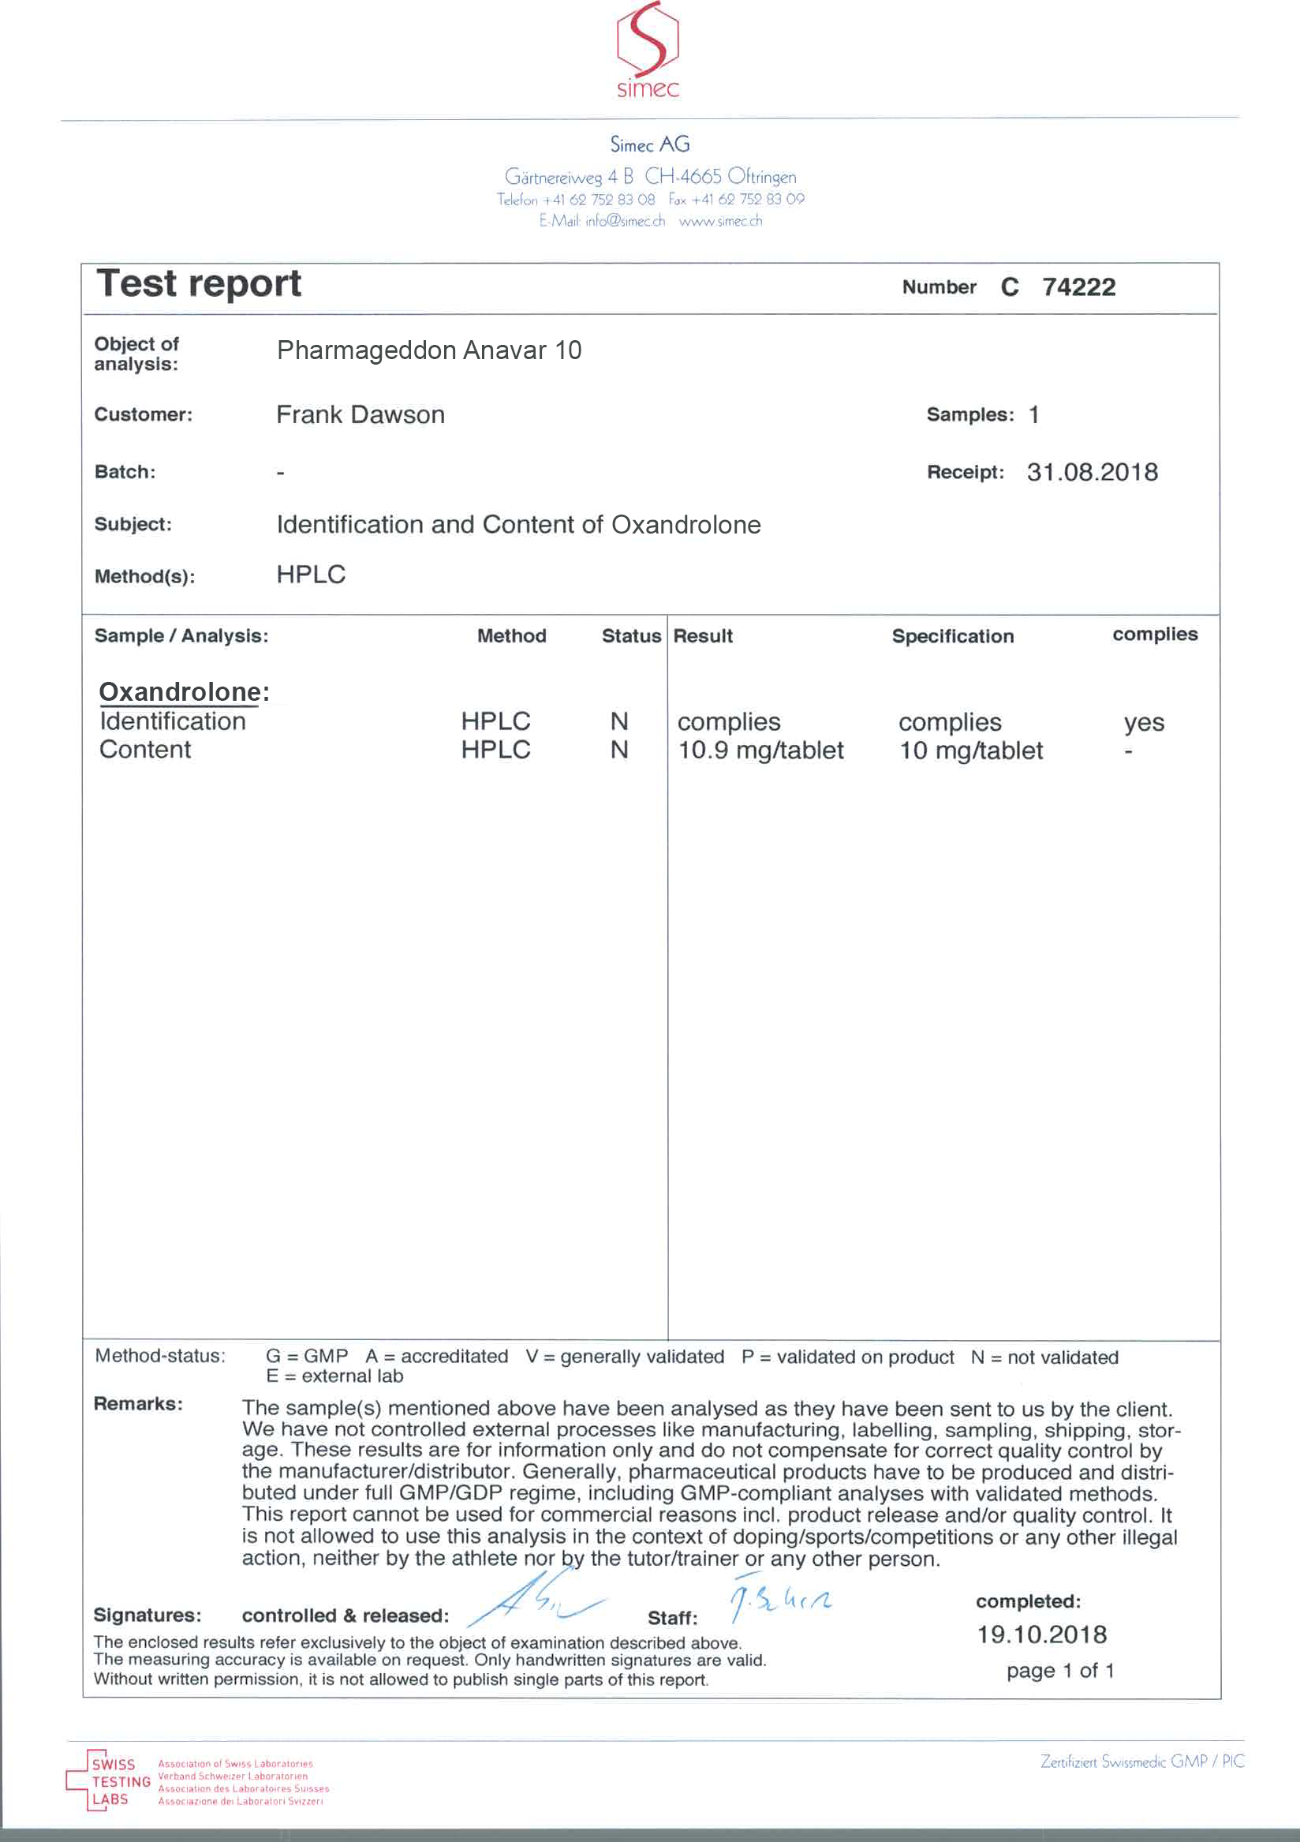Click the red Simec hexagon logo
pyautogui.click(x=647, y=42)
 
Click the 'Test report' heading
pyautogui.click(x=199, y=284)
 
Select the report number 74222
pyautogui.click(x=1078, y=287)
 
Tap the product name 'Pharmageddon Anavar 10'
pyautogui.click(x=429, y=350)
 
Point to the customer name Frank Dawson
pyautogui.click(x=360, y=415)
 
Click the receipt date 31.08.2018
pyautogui.click(x=1093, y=472)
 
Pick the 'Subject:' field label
pyautogui.click(x=133, y=525)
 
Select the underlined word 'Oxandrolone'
pyautogui.click(x=180, y=691)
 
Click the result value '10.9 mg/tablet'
pyautogui.click(x=760, y=750)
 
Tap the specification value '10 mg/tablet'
pyautogui.click(x=971, y=750)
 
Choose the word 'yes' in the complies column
pyautogui.click(x=1144, y=722)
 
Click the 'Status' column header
pyautogui.click(x=631, y=636)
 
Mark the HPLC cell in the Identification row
pyautogui.click(x=495, y=721)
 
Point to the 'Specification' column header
pyautogui.click(x=953, y=636)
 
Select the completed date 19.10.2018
pyautogui.click(x=1042, y=1634)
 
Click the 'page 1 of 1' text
pyautogui.click(x=1060, y=1670)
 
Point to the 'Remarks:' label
pyautogui.click(x=138, y=1403)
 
